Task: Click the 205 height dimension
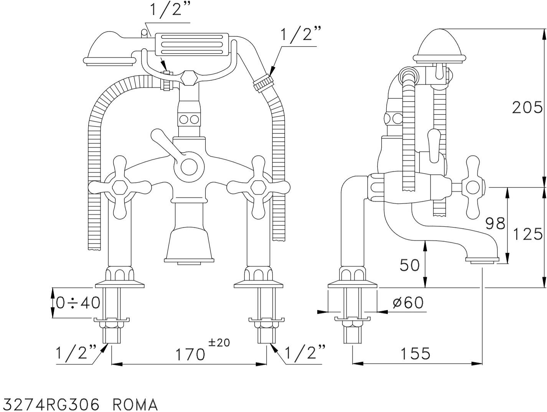[x=527, y=108]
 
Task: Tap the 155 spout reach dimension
[x=416, y=353]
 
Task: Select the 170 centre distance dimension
[x=190, y=354]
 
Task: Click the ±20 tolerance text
[x=219, y=343]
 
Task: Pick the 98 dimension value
[x=495, y=223]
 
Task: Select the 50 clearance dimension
[x=410, y=265]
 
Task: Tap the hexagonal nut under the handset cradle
[x=189, y=78]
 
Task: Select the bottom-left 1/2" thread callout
[x=76, y=352]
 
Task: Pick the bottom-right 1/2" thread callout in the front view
[x=305, y=352]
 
